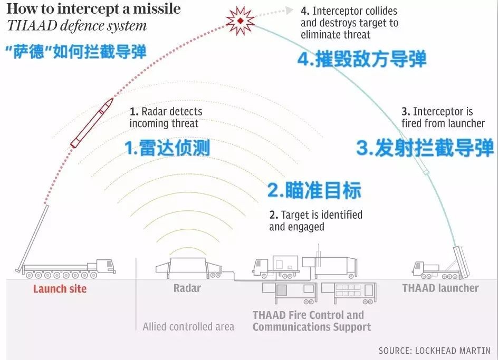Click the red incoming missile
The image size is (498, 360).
click(x=92, y=122)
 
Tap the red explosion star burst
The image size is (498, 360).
click(x=240, y=21)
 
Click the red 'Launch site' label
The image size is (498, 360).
click(x=60, y=289)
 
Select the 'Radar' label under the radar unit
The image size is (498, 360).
click(x=187, y=288)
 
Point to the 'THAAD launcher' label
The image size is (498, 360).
click(x=440, y=288)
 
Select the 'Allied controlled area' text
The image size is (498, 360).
click(x=188, y=327)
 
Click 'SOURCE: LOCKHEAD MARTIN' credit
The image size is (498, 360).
click(x=434, y=351)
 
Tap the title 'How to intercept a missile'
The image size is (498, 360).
click(x=93, y=9)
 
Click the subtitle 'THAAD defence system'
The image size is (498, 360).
click(x=76, y=26)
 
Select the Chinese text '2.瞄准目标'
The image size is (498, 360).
click(x=314, y=190)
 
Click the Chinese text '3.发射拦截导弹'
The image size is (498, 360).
click(x=425, y=148)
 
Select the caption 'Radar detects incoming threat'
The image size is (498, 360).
click(x=166, y=118)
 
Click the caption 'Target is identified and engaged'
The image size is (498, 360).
click(x=315, y=221)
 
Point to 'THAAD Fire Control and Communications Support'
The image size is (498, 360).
click(x=311, y=321)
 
